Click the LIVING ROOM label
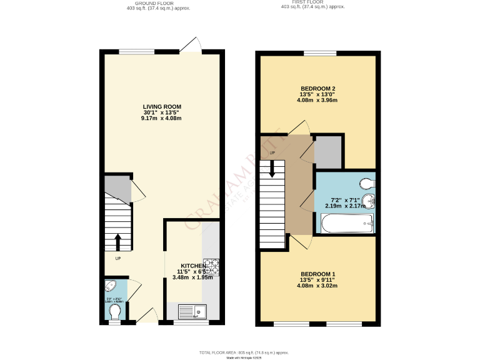[x=162, y=107]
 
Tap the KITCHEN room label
[x=194, y=266]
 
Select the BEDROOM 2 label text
[x=318, y=88]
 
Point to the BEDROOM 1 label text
[x=318, y=274]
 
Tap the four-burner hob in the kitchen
[x=212, y=267]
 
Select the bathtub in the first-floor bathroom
[x=346, y=223]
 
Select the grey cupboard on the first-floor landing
[x=328, y=152]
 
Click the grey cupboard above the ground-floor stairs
[x=117, y=190]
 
